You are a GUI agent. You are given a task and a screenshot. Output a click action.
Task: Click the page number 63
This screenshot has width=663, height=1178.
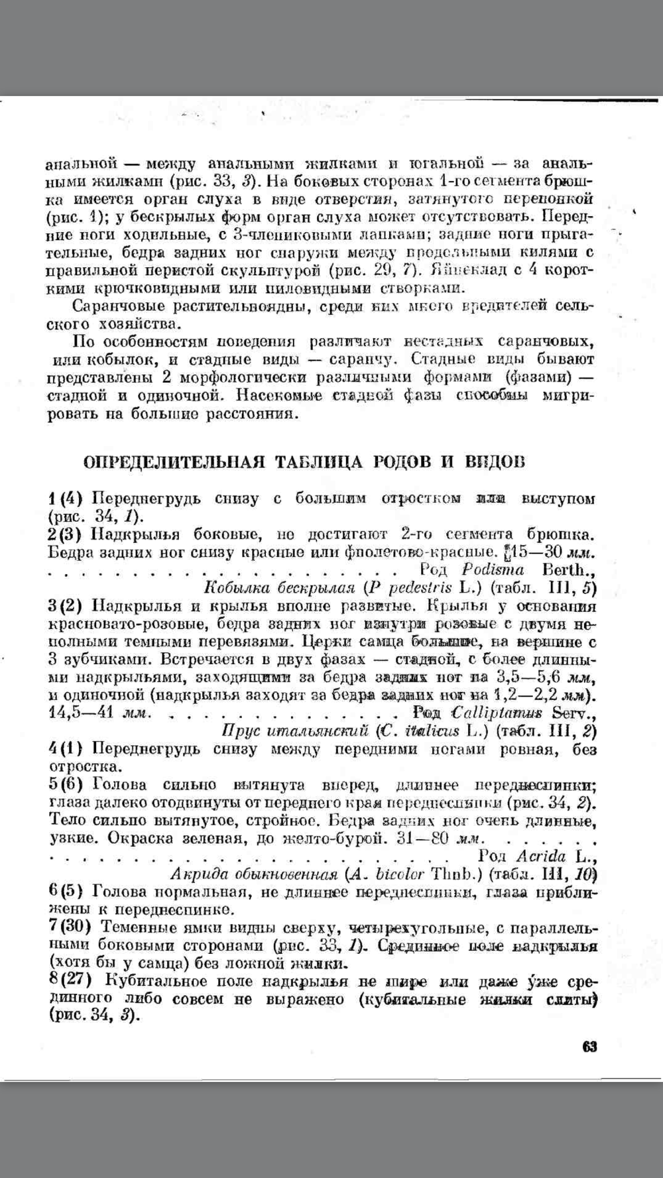(589, 1047)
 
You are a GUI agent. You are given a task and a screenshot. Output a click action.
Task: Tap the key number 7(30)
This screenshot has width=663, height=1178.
(70, 927)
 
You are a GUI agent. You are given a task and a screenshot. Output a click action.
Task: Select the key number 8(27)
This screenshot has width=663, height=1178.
(70, 980)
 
